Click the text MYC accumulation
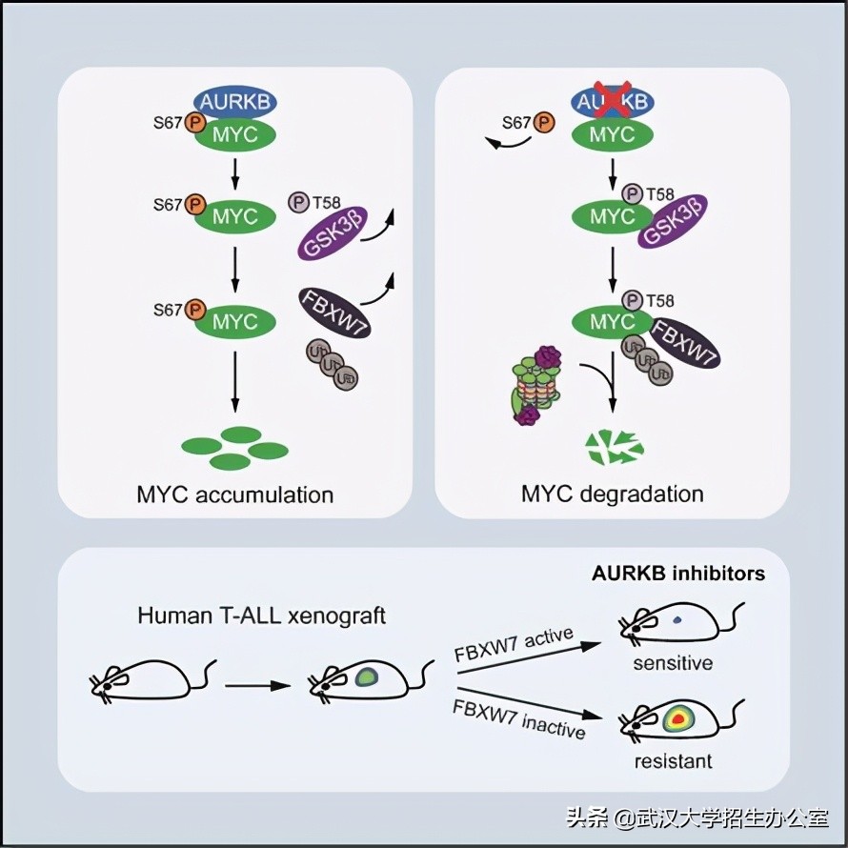[234, 495]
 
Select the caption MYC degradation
[612, 494]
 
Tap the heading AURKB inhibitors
[678, 574]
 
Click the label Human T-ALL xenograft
[262, 615]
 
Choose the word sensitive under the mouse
[673, 662]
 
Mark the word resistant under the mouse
[673, 761]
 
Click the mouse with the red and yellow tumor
[676, 720]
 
